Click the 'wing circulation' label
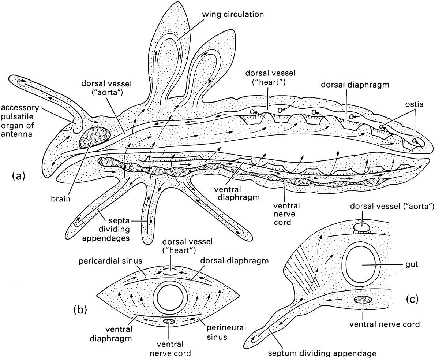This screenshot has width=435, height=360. tap(232, 14)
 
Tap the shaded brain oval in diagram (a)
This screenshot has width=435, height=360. tap(95, 137)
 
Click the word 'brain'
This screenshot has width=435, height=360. tap(60, 199)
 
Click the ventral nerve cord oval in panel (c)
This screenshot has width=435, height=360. tap(363, 300)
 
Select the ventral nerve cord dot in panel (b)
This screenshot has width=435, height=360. tap(169, 322)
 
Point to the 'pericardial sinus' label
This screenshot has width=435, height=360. tap(110, 261)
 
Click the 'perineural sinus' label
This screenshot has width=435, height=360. tap(225, 332)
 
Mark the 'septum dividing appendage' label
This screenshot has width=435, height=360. tap(322, 353)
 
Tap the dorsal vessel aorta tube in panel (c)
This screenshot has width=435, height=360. tap(362, 228)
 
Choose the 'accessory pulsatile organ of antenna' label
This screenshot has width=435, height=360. tap(18, 121)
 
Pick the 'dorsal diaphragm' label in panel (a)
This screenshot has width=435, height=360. tap(355, 85)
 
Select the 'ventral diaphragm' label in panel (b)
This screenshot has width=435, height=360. tap(119, 334)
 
